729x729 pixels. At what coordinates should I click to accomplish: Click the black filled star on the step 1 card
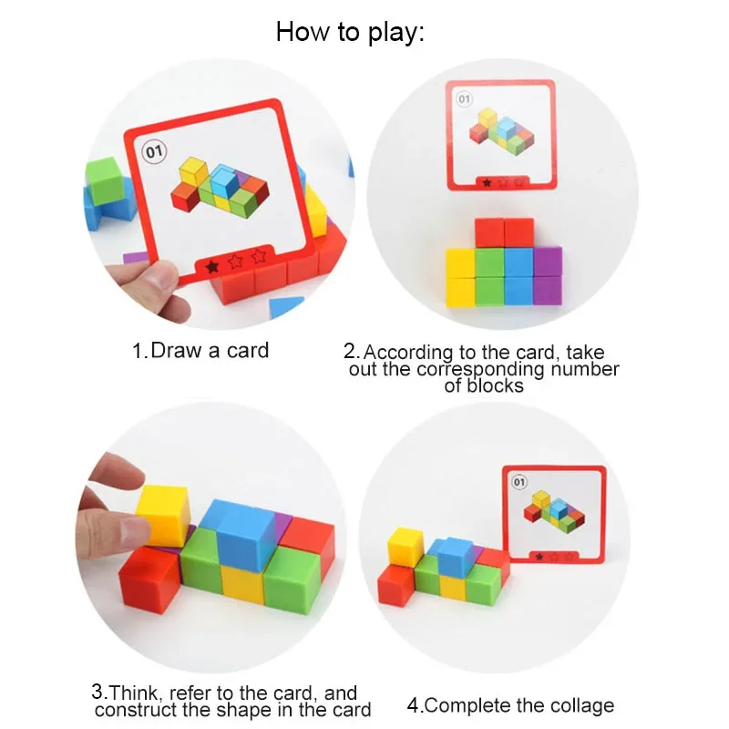212,265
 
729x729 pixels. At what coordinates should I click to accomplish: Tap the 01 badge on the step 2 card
464,98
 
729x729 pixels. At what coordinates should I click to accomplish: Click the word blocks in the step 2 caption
484,385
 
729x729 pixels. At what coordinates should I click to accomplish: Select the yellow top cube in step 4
406,544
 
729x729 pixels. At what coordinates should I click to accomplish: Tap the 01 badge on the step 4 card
520,481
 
